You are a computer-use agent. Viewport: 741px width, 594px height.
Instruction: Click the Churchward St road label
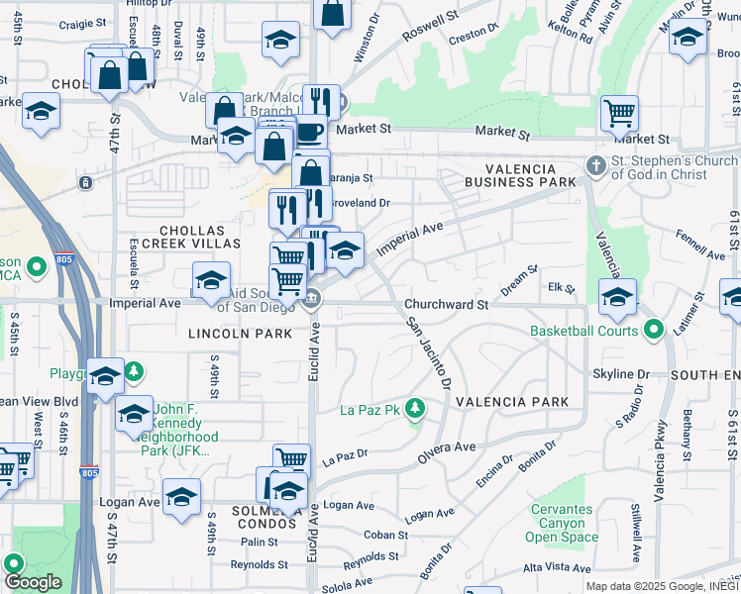[x=446, y=305]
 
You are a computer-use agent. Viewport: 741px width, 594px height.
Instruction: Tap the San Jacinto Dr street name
[x=427, y=351]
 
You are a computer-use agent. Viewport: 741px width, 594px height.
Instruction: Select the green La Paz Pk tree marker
[x=417, y=408]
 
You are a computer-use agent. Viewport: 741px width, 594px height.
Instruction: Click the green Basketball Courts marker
[x=653, y=330]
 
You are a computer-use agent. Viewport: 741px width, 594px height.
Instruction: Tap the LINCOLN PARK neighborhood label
[x=241, y=334]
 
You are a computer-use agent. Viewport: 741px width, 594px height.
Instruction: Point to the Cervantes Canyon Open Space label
[x=562, y=523]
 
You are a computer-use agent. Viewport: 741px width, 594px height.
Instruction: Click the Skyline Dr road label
[x=620, y=373]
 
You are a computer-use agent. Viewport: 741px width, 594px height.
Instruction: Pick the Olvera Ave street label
[x=447, y=447]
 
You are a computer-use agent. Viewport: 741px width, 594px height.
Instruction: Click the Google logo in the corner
[x=33, y=582]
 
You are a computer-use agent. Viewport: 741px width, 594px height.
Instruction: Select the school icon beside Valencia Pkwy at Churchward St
[x=617, y=295]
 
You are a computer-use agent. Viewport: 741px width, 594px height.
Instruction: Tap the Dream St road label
[x=518, y=282]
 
